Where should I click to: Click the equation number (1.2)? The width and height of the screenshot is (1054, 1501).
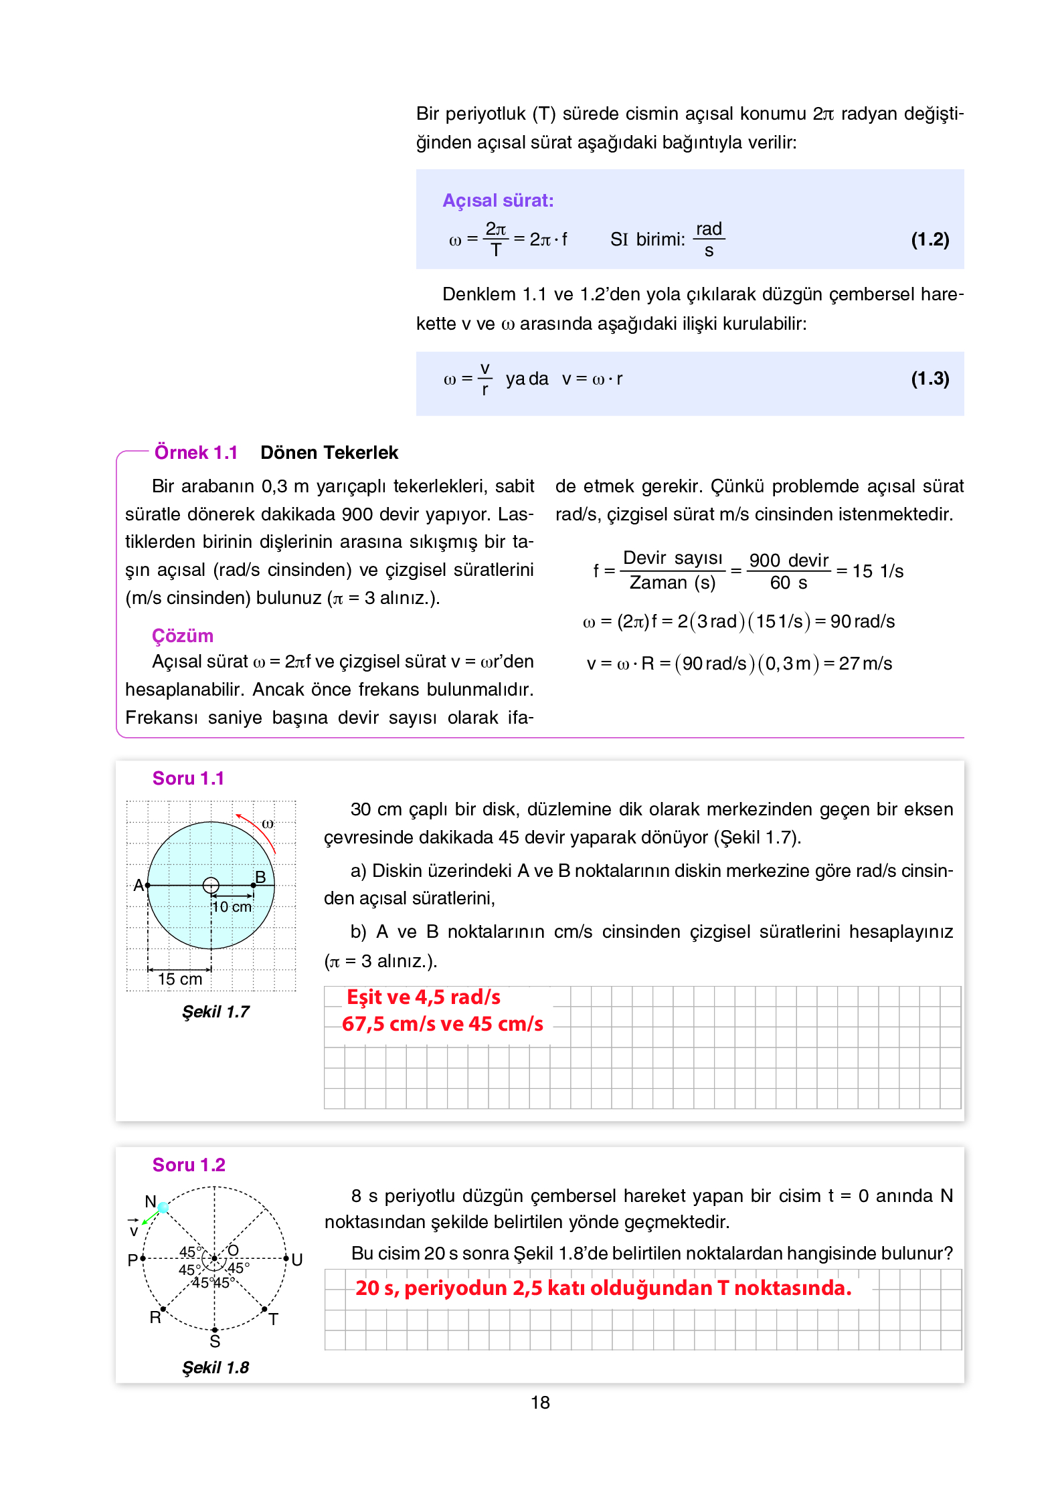click(929, 239)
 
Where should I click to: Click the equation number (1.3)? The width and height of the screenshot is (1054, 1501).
click(929, 379)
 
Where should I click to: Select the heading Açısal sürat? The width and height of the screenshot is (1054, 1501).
click(498, 201)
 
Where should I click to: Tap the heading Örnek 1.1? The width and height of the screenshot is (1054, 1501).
click(196, 453)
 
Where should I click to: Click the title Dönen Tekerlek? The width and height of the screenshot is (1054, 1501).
click(329, 453)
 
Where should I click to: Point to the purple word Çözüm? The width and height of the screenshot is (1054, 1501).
click(182, 635)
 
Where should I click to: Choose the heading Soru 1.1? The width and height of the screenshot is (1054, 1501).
click(188, 779)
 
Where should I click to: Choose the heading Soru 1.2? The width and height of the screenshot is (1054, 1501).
click(189, 1165)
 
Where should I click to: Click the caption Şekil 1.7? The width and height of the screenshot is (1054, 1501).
click(215, 1011)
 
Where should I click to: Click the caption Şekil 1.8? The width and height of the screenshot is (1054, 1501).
click(215, 1368)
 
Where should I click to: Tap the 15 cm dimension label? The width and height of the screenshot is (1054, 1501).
click(179, 979)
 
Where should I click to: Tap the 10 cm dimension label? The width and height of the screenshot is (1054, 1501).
click(232, 907)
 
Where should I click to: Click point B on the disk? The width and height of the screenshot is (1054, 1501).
click(254, 885)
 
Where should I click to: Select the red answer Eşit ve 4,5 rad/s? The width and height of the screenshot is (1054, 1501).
click(423, 997)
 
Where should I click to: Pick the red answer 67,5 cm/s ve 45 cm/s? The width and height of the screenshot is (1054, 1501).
click(442, 1024)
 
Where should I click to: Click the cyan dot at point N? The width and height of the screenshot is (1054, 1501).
click(163, 1207)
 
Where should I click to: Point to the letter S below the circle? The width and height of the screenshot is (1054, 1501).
click(215, 1342)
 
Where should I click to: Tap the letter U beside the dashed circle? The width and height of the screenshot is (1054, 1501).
click(297, 1260)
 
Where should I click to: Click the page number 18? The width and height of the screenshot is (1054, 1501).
click(540, 1403)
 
